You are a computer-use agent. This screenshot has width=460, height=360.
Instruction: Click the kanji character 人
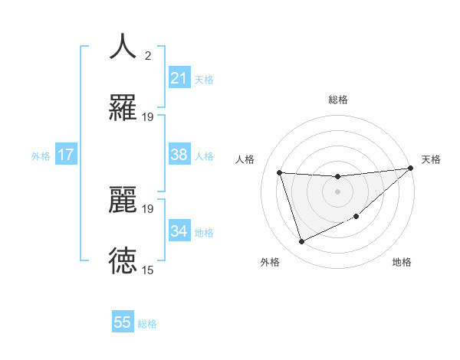123,47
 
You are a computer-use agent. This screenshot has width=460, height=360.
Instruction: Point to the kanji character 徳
123,260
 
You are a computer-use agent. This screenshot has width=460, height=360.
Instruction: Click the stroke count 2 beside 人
148,56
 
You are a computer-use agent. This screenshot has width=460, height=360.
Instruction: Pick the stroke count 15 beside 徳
148,270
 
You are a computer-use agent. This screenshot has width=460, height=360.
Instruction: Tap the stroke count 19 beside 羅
148,116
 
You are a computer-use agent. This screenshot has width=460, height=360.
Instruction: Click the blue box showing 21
179,78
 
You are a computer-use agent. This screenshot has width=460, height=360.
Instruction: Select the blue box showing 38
179,155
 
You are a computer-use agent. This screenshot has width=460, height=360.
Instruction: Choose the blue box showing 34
179,231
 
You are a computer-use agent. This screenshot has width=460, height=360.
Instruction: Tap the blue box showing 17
66,155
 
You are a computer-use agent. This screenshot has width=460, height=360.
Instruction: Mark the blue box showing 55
123,322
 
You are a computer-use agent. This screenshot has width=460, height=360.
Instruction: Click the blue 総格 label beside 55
147,324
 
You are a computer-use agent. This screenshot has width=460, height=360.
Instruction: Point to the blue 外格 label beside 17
41,155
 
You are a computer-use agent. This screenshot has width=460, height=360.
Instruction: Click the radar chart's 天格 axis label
431,159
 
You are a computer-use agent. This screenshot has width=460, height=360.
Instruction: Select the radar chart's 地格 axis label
402,262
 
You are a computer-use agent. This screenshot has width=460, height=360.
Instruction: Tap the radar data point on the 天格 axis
411,169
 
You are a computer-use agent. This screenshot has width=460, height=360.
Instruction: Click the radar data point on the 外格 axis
301,242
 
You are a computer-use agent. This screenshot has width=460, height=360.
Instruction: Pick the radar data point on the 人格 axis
280,172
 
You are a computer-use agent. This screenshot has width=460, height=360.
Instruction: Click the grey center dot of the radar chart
337,191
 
